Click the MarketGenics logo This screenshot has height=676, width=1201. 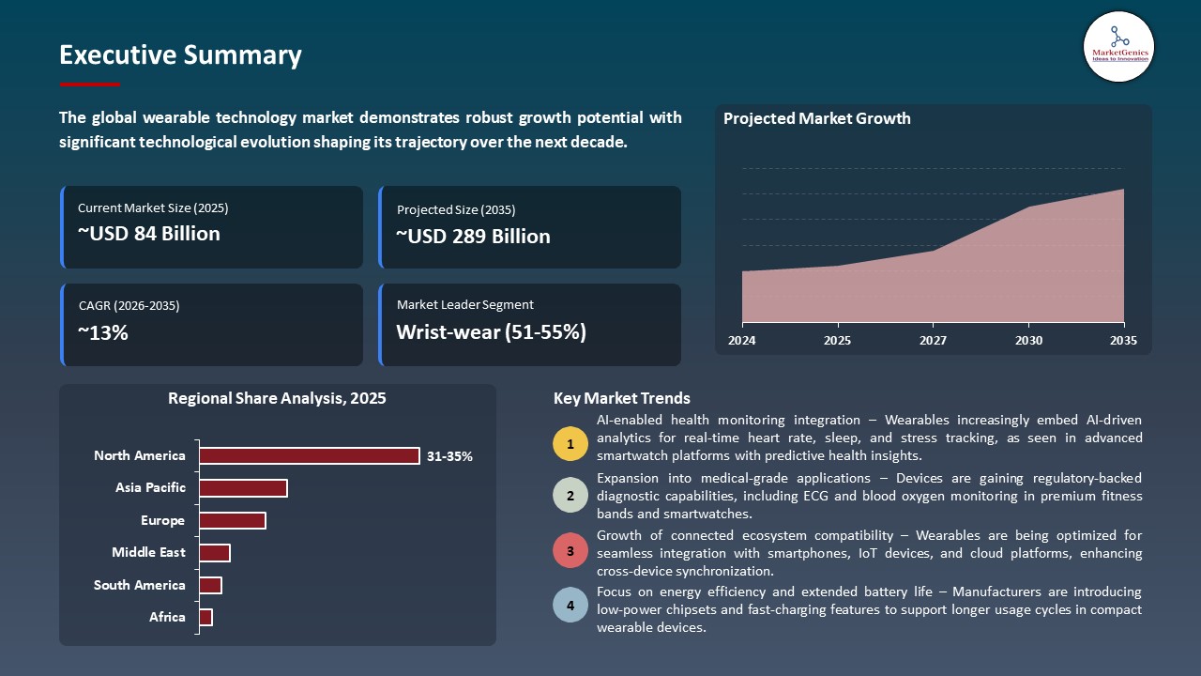pyautogui.click(x=1118, y=46)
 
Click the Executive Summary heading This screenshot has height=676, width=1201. pyautogui.click(x=180, y=55)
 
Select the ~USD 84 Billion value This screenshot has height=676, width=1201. pyautogui.click(x=148, y=234)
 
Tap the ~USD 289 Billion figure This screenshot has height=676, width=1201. pyautogui.click(x=473, y=237)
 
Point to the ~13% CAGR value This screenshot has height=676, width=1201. pyautogui.click(x=102, y=332)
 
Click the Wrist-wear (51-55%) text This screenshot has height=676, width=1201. pyautogui.click(x=491, y=332)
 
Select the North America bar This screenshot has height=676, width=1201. pyautogui.click(x=310, y=455)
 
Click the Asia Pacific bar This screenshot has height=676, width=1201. pyautogui.click(x=243, y=488)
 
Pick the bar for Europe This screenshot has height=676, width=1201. pyautogui.click(x=233, y=520)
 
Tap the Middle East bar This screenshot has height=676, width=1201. pyautogui.click(x=215, y=553)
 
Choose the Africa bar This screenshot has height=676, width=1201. pyautogui.click(x=206, y=617)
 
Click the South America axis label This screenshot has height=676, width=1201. pyautogui.click(x=140, y=585)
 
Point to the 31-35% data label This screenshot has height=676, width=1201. pyautogui.click(x=449, y=456)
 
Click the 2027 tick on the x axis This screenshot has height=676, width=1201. pyautogui.click(x=933, y=340)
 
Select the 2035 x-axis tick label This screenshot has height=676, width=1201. pyautogui.click(x=1122, y=340)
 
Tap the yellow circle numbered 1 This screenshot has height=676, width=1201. pyautogui.click(x=570, y=443)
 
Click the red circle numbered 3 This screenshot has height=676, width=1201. pyautogui.click(x=570, y=550)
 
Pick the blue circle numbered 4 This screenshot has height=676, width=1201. pyautogui.click(x=570, y=606)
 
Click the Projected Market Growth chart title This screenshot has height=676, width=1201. pyautogui.click(x=816, y=118)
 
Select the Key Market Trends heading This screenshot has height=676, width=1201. pyautogui.click(x=621, y=398)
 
